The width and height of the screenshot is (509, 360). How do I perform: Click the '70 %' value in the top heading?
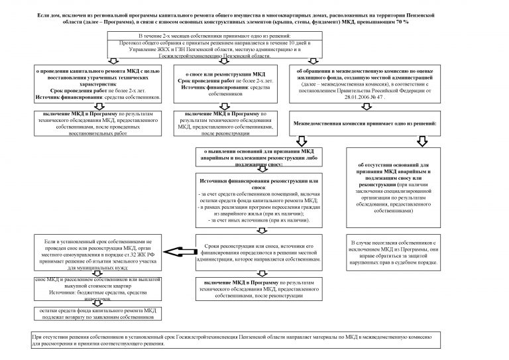(x=402, y=23)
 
